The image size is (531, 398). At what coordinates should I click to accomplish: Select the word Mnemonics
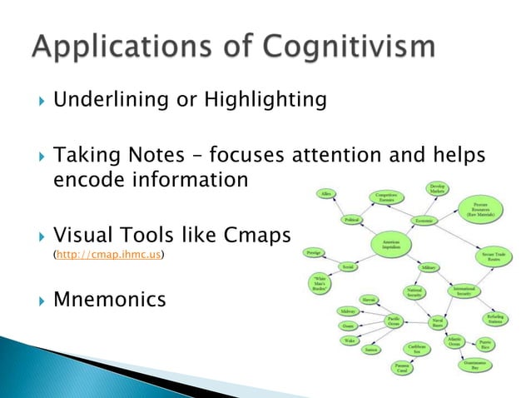point(109,298)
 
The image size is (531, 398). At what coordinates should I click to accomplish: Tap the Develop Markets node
point(438,190)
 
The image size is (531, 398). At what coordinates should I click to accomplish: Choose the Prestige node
point(314,250)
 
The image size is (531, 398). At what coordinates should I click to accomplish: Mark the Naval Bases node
point(437,322)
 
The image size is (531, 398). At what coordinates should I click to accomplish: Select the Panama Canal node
point(402,367)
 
